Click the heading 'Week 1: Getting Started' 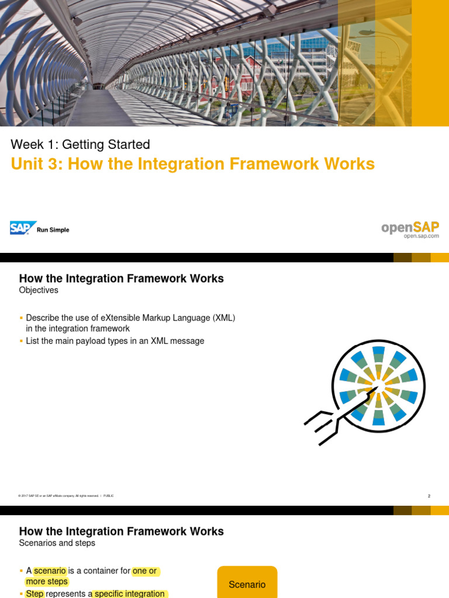click(81, 144)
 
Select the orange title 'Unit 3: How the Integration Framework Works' click(192, 164)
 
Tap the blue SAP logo click(23, 228)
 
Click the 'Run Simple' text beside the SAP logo click(53, 230)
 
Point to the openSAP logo click(410, 227)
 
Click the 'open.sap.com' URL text click(421, 236)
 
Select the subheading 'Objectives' click(39, 290)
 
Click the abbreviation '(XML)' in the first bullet click(222, 318)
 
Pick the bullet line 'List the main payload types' click(115, 341)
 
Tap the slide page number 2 click(429, 496)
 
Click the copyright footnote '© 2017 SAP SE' click(35, 496)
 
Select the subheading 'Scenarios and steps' click(57, 543)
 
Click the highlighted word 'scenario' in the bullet click(50, 571)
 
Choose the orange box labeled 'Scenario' click(247, 583)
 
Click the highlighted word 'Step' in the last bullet click(35, 593)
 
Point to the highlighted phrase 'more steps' click(47, 582)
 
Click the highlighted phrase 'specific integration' click(129, 593)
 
